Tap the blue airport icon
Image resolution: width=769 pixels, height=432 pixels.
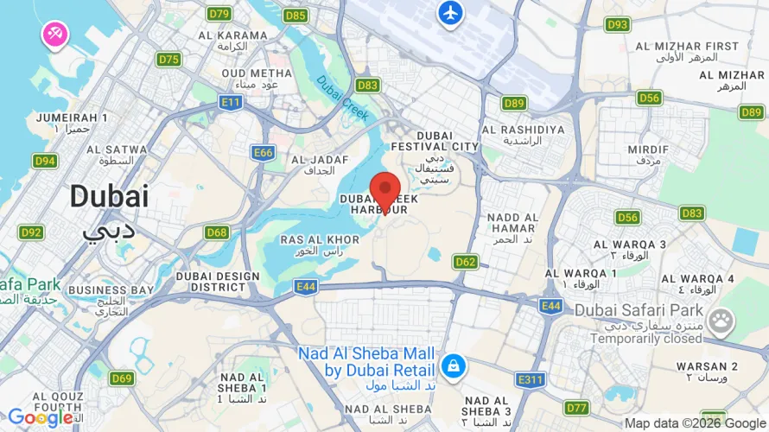click(x=450, y=13)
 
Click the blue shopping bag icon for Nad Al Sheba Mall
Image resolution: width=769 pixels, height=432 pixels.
click(x=451, y=366)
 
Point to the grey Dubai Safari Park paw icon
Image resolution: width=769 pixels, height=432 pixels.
click(x=719, y=321)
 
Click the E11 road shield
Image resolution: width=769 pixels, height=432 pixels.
click(x=231, y=102)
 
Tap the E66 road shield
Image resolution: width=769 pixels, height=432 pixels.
click(x=264, y=153)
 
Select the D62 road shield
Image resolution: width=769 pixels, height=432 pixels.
click(x=466, y=261)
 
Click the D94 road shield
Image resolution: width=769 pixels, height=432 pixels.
click(x=45, y=161)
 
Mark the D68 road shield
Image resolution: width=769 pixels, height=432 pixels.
click(x=217, y=232)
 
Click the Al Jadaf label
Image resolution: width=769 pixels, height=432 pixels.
click(x=319, y=165)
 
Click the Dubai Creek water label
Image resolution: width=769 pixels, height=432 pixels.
click(x=342, y=98)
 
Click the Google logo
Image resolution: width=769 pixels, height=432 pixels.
click(x=40, y=418)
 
